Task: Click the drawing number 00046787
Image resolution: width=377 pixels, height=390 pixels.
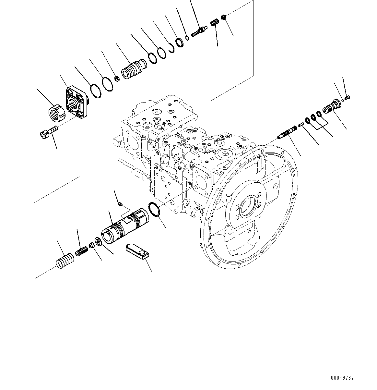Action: (342, 378)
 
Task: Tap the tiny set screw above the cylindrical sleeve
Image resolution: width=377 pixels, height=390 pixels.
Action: (120, 204)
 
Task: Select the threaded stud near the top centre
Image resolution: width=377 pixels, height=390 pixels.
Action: (199, 31)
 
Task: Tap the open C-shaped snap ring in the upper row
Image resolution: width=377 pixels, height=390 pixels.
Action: (171, 47)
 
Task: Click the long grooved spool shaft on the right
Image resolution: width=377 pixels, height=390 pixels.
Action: (289, 133)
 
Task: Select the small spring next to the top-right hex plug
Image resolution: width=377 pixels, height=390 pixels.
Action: (213, 23)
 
